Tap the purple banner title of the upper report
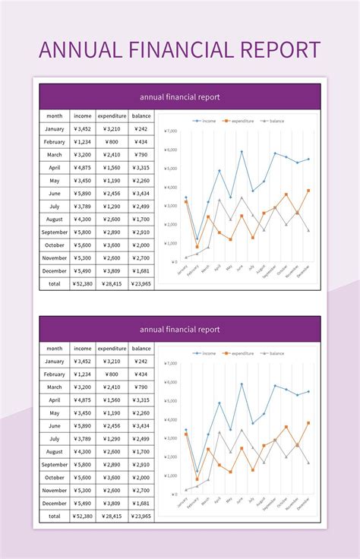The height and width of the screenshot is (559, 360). [180, 96]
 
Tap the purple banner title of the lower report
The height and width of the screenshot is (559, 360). [180, 330]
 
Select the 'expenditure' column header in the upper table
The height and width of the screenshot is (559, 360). [112, 115]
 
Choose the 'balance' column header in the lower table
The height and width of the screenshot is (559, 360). [141, 349]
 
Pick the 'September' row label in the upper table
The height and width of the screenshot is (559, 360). [55, 232]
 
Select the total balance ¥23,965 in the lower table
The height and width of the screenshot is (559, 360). [141, 516]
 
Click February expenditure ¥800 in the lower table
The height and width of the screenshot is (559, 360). [112, 374]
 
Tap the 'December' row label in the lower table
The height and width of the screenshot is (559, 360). [55, 504]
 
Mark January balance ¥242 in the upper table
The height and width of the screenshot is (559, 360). [141, 128]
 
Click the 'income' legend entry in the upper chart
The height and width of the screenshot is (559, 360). [204, 120]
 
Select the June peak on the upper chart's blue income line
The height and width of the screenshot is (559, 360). [242, 151]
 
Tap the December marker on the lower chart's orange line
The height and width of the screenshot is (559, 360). [308, 423]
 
